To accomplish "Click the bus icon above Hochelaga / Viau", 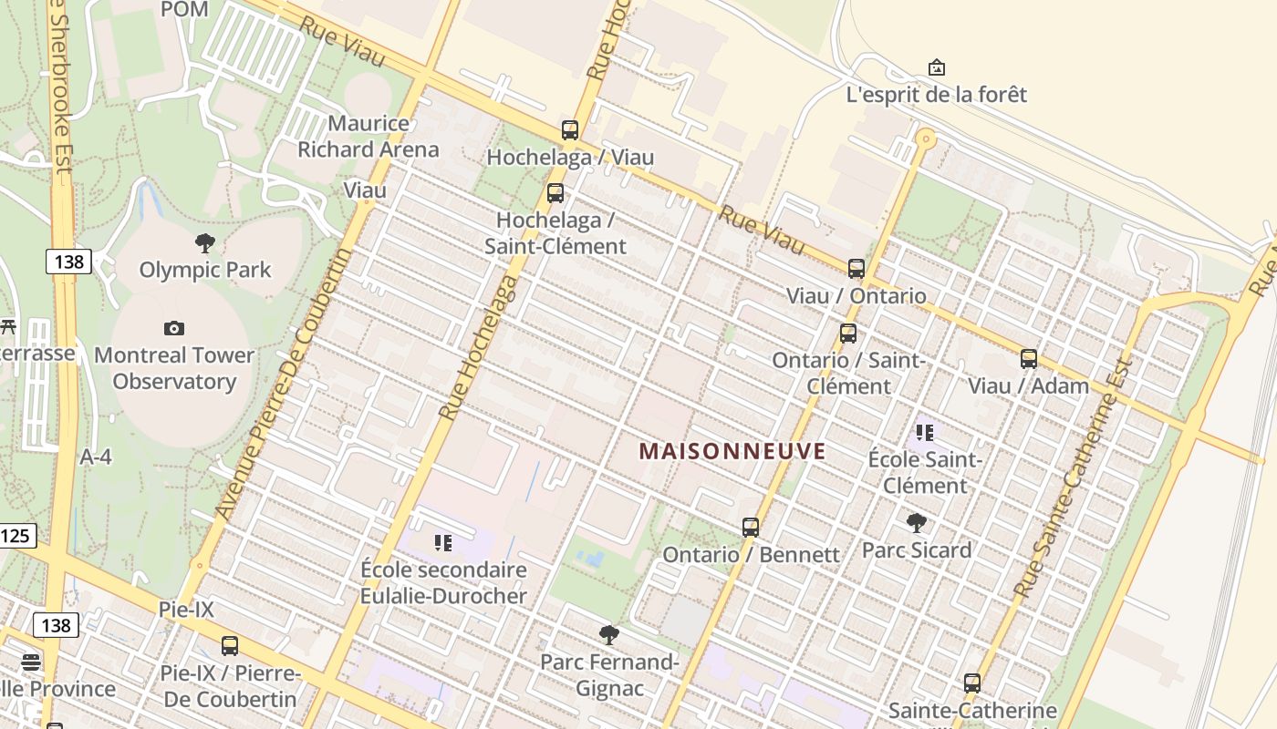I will [570, 130].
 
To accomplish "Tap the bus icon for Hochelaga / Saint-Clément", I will [555, 193].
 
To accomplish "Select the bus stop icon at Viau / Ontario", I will [856, 269].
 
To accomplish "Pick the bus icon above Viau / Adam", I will [1029, 359].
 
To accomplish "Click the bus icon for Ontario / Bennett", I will [751, 528].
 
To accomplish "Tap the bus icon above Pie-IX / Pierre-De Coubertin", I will [230, 646].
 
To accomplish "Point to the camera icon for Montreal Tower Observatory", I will [173, 328].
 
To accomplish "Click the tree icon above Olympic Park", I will [205, 243].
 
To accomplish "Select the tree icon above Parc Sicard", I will [917, 523].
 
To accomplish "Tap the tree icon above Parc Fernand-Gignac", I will [609, 635].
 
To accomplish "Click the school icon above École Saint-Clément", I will [925, 433].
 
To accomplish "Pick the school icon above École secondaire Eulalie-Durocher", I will [443, 544].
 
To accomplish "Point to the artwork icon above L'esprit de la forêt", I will [936, 68].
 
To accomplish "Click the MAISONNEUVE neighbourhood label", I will [732, 451].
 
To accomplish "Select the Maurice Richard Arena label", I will [369, 137].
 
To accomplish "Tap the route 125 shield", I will [16, 536].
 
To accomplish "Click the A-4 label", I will [96, 457].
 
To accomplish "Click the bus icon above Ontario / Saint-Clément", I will [848, 334].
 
